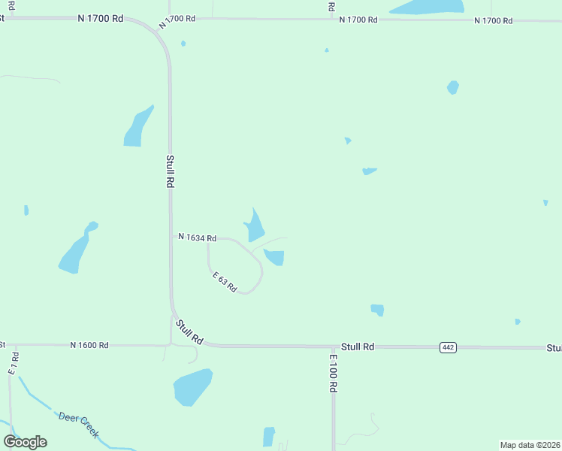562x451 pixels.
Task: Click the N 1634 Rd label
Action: [197, 238]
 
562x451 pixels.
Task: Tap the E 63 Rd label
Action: [225, 283]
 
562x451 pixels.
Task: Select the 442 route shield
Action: [448, 347]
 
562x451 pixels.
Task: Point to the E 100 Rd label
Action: [332, 374]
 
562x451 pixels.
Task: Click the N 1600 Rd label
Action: [89, 345]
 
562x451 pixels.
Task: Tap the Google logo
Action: [26, 441]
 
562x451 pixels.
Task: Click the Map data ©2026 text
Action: [530, 445]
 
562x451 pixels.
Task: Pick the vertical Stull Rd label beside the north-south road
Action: [171, 171]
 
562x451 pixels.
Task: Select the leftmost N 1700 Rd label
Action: [100, 18]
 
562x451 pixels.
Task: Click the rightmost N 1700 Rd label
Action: [493, 20]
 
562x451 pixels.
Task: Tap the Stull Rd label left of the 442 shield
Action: [358, 347]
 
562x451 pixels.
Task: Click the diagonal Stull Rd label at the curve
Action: [189, 331]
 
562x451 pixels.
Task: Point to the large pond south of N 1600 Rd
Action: [192, 386]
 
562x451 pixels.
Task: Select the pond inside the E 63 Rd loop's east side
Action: [275, 257]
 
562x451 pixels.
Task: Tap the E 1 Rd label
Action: [13, 363]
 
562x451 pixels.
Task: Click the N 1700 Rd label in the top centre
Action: [358, 20]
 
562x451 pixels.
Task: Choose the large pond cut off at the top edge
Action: [427, 7]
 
